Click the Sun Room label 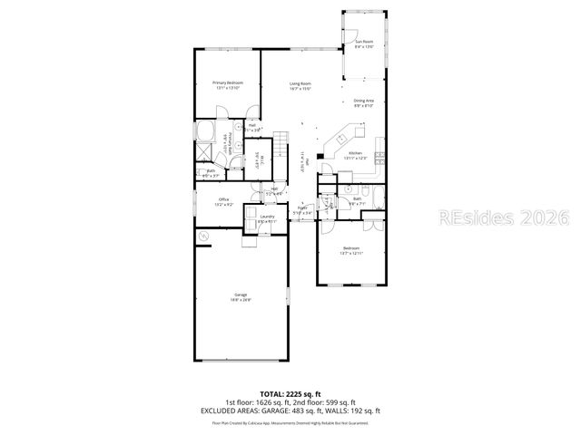[x=364, y=42]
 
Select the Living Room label [x=300, y=83]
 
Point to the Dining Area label [x=364, y=101]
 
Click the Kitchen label [x=356, y=153]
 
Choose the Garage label [x=241, y=294]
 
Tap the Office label [x=223, y=199]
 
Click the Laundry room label [x=267, y=217]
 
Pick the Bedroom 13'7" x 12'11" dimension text [x=351, y=254]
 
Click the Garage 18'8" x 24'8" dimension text [x=241, y=299]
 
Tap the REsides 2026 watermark [x=503, y=217]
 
